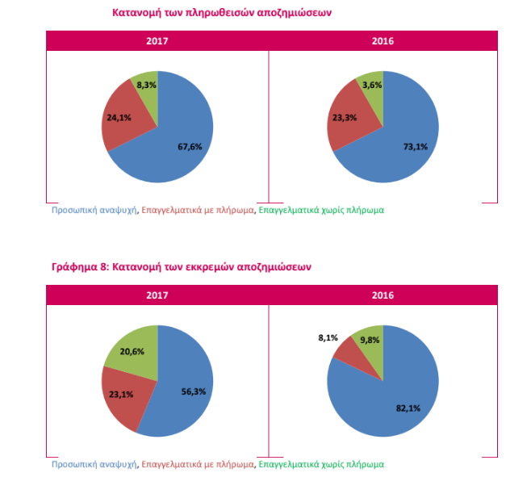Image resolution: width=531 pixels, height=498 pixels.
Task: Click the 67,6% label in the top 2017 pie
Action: click(x=190, y=146)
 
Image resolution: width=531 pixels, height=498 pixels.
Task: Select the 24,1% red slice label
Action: click(x=118, y=117)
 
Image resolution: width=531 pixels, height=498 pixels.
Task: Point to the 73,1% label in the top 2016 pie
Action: click(x=415, y=146)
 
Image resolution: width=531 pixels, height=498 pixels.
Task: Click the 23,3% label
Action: click(x=344, y=117)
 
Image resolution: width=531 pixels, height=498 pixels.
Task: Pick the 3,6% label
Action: click(x=372, y=85)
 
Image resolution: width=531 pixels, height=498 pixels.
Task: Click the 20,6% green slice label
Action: click(x=132, y=352)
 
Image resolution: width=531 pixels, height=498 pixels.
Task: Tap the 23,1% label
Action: click(x=120, y=394)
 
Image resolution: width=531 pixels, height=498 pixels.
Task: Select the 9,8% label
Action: click(x=370, y=340)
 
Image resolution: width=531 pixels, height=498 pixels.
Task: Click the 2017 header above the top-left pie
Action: click(x=157, y=40)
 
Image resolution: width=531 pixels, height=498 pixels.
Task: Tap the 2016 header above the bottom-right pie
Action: click(x=383, y=295)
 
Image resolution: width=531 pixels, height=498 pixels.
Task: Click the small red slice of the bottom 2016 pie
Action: click(x=346, y=349)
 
